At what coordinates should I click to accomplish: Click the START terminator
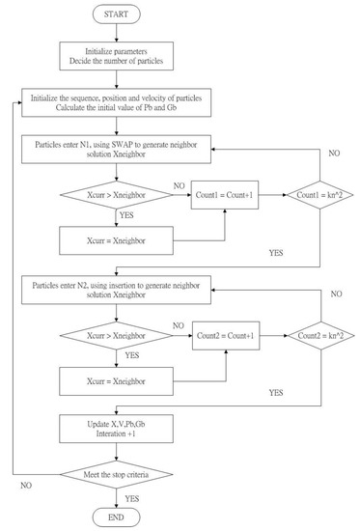117,14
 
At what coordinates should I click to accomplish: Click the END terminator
117,515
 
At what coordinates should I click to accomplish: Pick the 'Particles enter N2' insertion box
118,288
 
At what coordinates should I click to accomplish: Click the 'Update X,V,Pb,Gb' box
118,426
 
